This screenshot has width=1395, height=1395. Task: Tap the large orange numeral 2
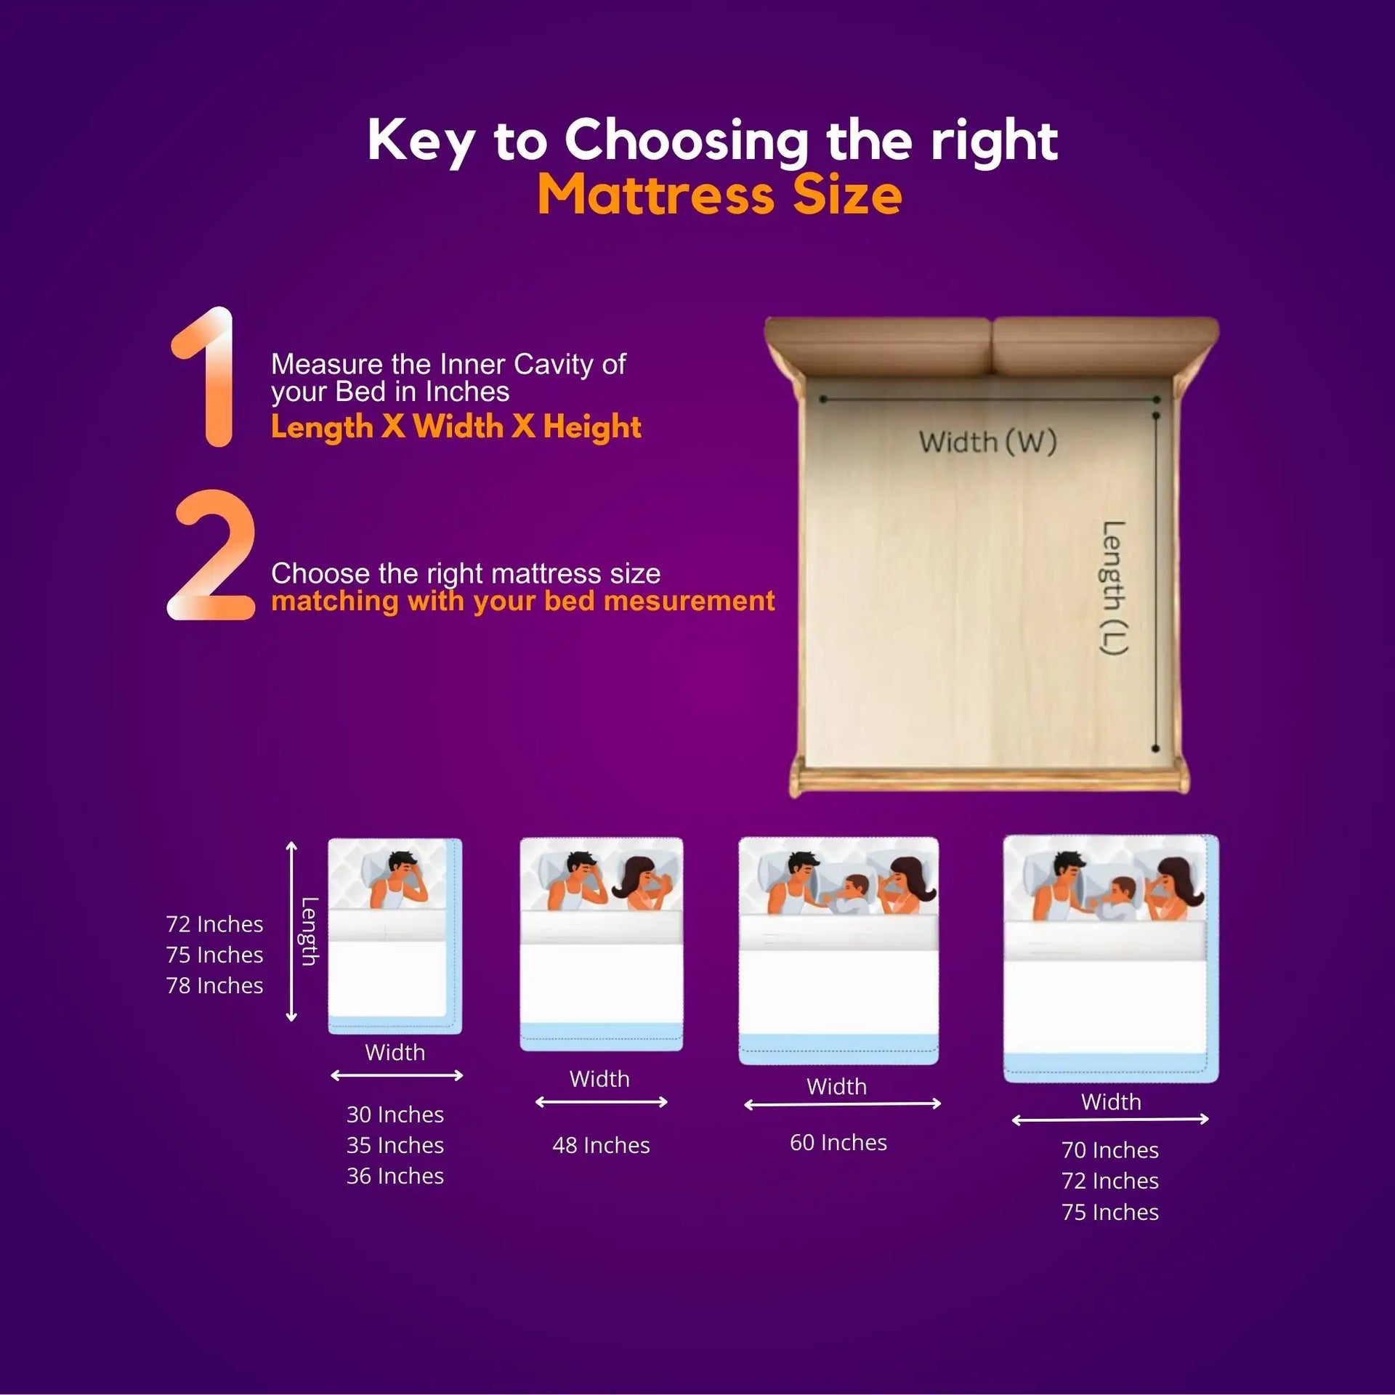211,554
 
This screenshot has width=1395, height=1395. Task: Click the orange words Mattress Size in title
719,195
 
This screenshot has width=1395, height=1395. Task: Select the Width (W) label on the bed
987,442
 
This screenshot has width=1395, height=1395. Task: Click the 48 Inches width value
601,1145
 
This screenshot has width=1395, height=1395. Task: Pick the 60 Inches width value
838,1142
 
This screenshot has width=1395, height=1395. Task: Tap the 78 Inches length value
214,985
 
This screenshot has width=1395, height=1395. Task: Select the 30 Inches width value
395,1114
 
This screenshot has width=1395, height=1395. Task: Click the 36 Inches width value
395,1176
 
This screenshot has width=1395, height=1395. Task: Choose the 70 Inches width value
1110,1149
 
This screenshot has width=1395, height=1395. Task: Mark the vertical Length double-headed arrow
291,931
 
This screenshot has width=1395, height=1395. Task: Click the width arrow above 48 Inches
602,1102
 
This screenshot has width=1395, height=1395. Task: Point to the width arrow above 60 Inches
843,1104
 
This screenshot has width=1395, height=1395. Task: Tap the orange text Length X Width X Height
456,426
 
